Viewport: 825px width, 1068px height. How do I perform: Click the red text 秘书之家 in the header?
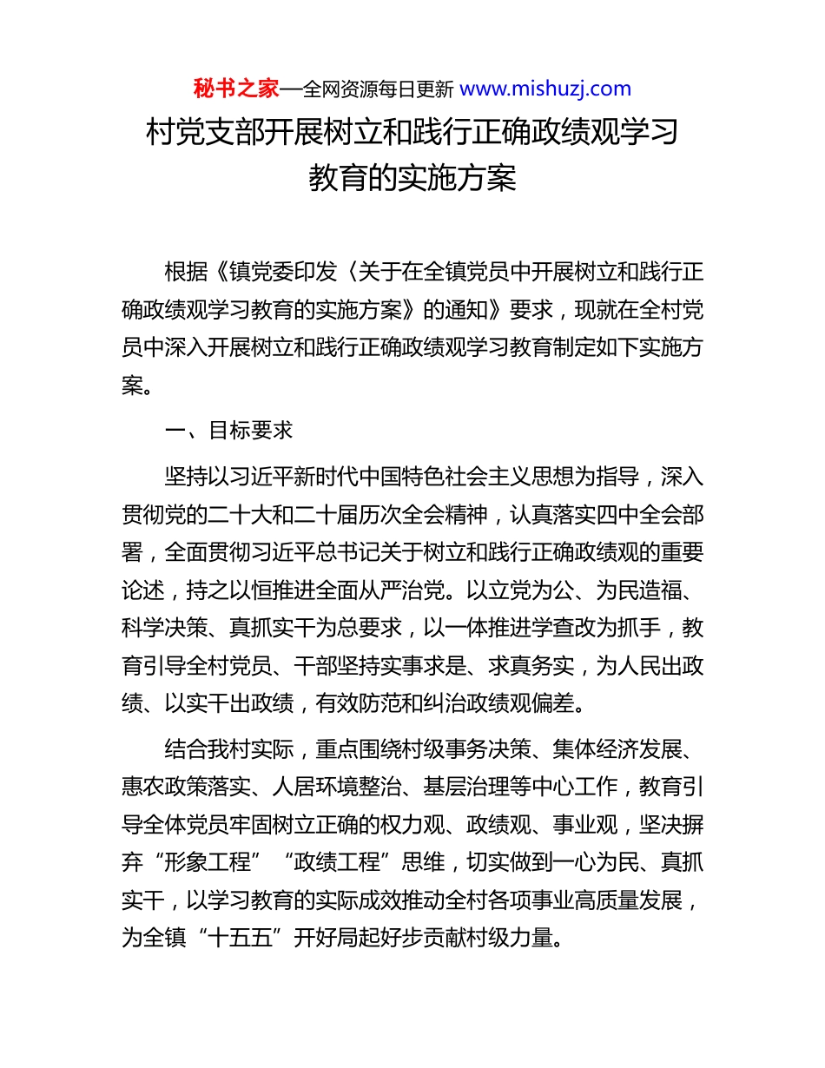(235, 89)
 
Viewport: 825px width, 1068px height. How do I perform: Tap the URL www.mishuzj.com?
(544, 89)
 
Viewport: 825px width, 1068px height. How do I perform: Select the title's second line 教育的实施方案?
(412, 178)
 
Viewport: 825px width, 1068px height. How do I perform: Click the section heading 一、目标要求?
(229, 431)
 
